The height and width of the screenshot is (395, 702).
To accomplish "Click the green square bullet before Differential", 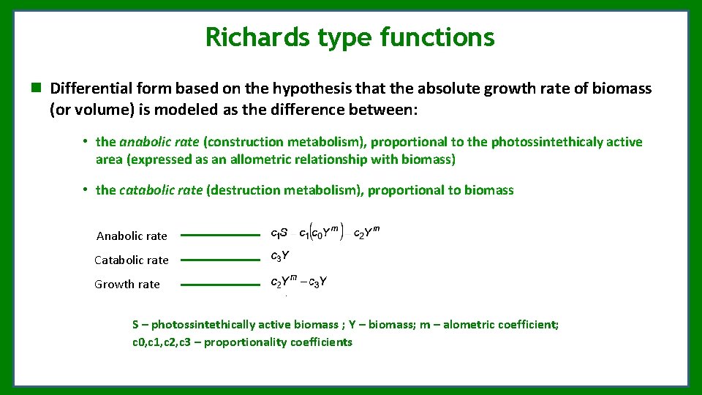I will tap(35, 89).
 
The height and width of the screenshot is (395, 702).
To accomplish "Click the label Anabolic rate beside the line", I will tap(132, 236).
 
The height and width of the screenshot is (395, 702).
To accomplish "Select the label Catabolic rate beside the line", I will tap(132, 260).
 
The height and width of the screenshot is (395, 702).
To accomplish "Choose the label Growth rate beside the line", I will tap(127, 284).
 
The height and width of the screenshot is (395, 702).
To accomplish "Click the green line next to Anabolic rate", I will tap(220, 236).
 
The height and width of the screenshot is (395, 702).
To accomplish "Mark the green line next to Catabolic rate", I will tap(220, 260).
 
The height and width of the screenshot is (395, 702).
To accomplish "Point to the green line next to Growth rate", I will tap(220, 285).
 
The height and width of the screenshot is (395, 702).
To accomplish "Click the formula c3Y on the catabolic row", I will tap(280, 256).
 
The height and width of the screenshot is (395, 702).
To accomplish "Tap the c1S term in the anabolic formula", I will tap(279, 234).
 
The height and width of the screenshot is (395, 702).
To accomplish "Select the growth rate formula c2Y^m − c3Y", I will tap(299, 282).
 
